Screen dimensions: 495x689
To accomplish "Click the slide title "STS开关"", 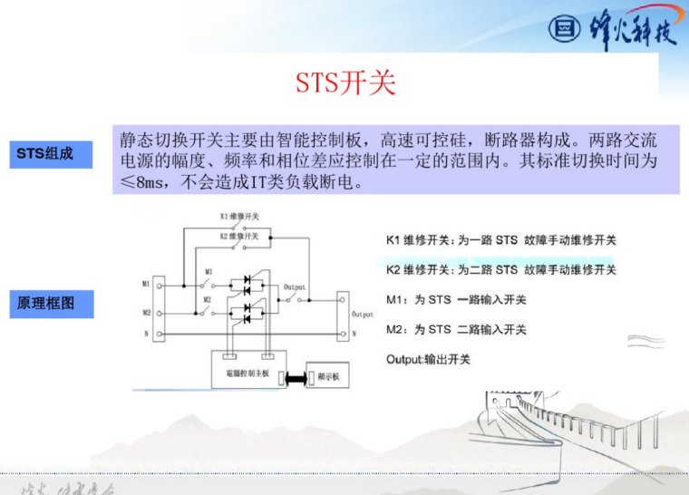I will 345,83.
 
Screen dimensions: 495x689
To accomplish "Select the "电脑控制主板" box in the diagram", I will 247,372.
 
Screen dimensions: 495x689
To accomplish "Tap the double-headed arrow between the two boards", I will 295,376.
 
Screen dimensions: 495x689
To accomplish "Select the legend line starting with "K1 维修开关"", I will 500,240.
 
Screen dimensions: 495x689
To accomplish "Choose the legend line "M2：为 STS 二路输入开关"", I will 456,329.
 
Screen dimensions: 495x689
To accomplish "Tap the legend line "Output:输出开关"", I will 428,359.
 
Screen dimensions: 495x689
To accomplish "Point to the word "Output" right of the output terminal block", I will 363,314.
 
